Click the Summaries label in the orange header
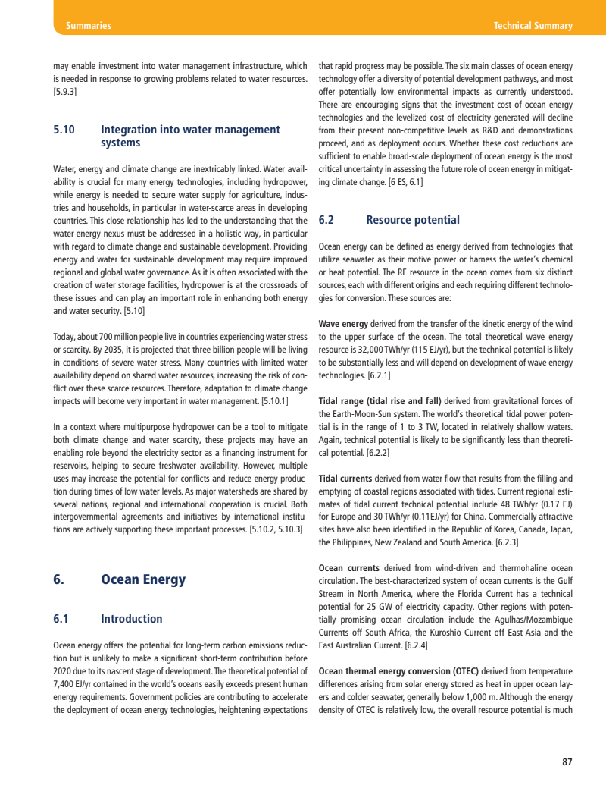[x=88, y=26]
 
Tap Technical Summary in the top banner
[x=533, y=26]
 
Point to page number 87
[x=567, y=761]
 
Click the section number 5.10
[x=64, y=130]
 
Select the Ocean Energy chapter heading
[x=143, y=580]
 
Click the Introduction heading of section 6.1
[x=131, y=619]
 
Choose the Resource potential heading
[x=412, y=220]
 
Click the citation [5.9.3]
[x=65, y=91]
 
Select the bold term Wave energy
[x=343, y=324]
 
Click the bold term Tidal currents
[x=345, y=479]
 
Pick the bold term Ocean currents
[x=348, y=568]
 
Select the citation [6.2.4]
[x=413, y=645]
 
